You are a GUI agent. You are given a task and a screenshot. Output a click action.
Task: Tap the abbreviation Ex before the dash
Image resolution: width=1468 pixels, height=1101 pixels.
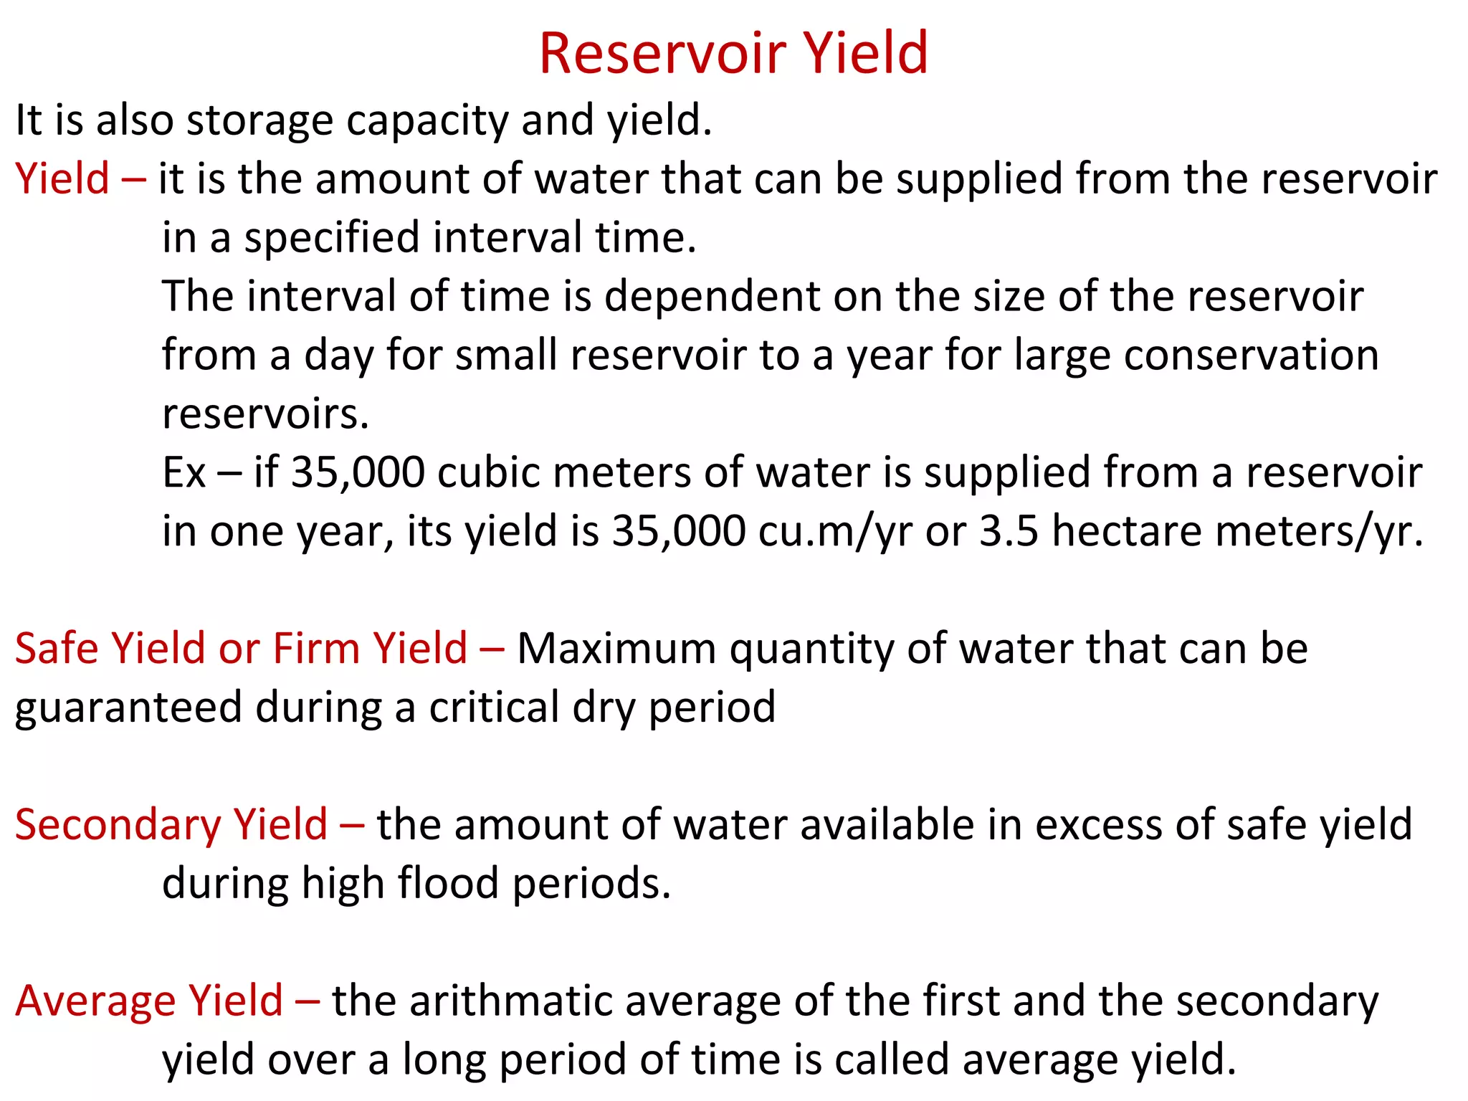183,472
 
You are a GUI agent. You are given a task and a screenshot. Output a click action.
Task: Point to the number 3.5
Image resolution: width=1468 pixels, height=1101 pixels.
1009,531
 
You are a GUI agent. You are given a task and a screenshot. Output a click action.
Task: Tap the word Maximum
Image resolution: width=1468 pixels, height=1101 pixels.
616,648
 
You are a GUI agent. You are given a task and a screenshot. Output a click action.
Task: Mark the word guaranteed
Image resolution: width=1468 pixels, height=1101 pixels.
128,707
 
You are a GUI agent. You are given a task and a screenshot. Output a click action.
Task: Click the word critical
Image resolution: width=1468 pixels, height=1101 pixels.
494,707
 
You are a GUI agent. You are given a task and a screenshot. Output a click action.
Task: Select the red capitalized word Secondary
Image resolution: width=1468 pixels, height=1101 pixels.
118,824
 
